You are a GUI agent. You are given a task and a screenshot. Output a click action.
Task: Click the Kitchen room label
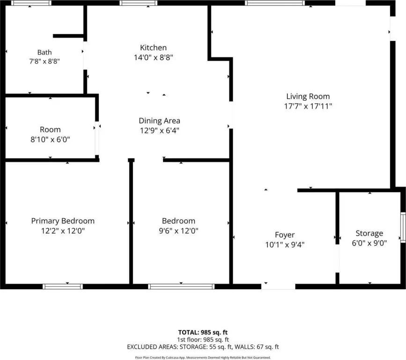click(153, 48)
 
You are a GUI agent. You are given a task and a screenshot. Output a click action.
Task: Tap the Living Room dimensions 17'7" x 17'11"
click(308, 106)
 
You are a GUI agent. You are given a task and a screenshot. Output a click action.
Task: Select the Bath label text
click(44, 52)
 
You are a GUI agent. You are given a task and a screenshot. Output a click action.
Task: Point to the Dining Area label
click(160, 121)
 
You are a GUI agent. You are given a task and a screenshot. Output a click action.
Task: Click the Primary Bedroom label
click(63, 221)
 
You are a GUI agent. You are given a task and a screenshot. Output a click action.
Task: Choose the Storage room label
click(369, 233)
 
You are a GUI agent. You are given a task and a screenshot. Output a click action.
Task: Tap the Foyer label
click(285, 235)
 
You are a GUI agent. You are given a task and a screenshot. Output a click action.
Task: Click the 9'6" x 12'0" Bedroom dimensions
click(178, 231)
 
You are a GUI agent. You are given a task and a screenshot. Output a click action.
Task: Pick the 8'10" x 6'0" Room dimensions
click(50, 139)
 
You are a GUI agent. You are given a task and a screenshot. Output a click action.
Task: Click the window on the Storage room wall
click(403, 227)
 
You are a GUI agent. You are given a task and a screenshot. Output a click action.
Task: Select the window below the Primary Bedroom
click(63, 286)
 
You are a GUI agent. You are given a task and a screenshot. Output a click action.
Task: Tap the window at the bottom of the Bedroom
click(181, 286)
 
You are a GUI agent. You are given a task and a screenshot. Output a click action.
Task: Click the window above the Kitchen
click(138, 3)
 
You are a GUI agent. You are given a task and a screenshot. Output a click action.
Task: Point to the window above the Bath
click(31, 3)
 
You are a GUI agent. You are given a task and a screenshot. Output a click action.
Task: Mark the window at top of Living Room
click(275, 3)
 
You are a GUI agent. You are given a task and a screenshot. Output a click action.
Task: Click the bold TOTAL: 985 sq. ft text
click(203, 332)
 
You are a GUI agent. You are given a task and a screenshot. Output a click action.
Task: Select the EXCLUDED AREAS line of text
click(203, 347)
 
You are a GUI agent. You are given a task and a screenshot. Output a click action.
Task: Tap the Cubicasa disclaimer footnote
click(203, 358)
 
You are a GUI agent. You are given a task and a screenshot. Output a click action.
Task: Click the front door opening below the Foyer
click(278, 286)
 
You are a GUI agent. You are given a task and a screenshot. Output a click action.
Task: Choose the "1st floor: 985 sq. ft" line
click(203, 339)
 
